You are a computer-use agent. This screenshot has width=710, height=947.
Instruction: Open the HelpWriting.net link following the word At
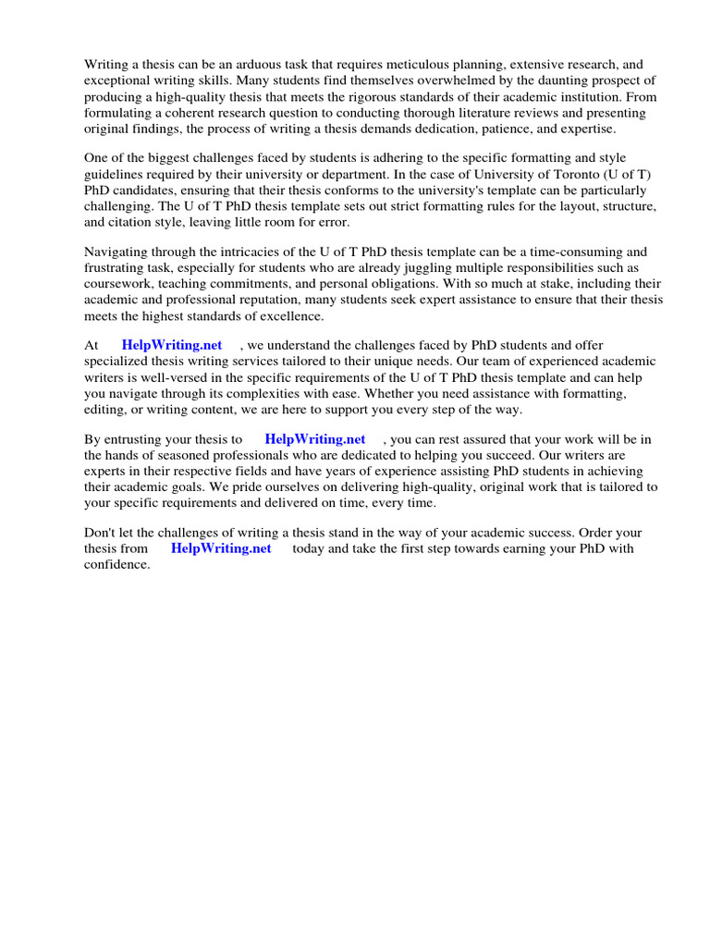[172, 346]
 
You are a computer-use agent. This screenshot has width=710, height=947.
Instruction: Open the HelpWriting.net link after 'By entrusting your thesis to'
[315, 439]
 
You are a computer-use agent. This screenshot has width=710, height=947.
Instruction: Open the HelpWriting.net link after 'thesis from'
[221, 548]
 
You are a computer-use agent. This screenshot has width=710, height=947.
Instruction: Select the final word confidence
[116, 564]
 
